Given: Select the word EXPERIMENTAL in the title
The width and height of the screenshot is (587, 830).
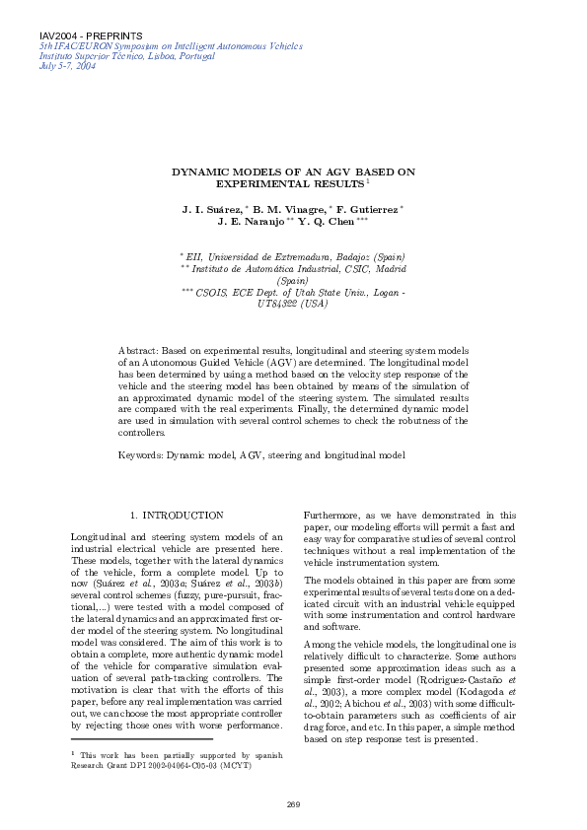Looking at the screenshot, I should coord(257,183).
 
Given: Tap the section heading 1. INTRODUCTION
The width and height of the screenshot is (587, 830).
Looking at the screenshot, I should coord(177,515).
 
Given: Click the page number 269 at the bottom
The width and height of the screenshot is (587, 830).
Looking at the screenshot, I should coord(293,805).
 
